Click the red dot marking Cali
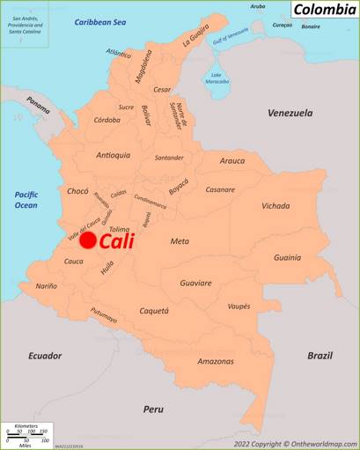tap(88, 240)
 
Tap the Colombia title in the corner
tap(324, 10)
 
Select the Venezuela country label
tap(290, 113)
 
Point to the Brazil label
tap(320, 356)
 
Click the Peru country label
tap(154, 409)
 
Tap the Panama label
tap(38, 105)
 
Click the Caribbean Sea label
tap(100, 22)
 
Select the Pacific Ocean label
tap(26, 199)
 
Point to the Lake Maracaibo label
tap(217, 78)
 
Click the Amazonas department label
tap(216, 361)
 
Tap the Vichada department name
tap(276, 206)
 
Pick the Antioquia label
tap(114, 155)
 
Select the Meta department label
tap(180, 240)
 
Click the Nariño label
tap(46, 286)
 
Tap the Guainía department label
tap(287, 258)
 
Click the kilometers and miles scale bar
tap(26, 434)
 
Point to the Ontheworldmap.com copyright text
tap(295, 444)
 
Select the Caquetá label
tap(154, 311)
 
